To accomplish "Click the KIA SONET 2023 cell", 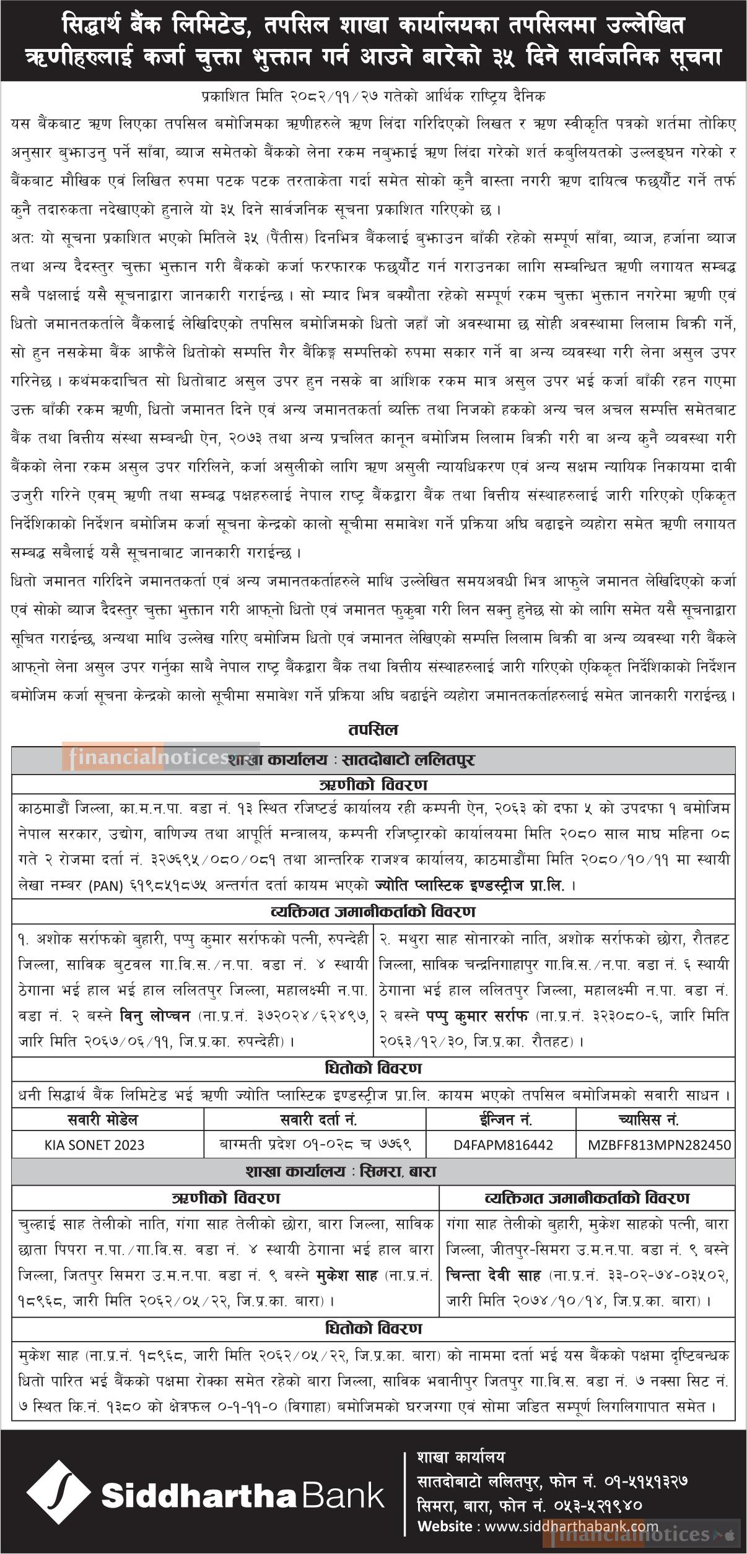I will (107, 1144).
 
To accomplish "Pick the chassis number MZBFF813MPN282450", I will (658, 1144).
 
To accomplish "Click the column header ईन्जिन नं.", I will (501, 1119).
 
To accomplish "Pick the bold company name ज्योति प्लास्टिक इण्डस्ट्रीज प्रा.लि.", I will (470, 886).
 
